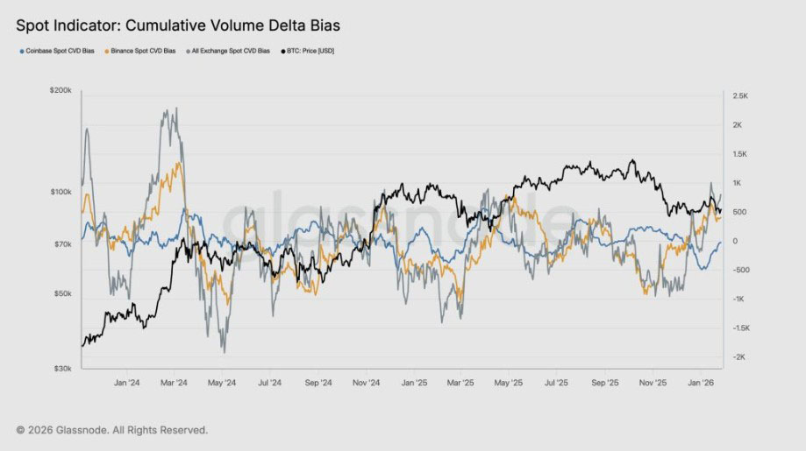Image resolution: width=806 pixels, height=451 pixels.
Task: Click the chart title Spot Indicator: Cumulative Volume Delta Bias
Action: [178, 26]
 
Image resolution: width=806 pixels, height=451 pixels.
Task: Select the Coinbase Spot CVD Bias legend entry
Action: [59, 52]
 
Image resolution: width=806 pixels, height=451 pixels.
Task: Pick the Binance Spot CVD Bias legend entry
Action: [143, 52]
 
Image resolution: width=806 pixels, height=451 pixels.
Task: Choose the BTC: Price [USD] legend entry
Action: [308, 52]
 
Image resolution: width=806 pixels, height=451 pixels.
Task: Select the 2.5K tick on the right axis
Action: [740, 95]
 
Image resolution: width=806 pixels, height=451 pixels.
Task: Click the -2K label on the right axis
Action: [739, 357]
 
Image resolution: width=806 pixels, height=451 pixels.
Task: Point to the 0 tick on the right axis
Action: [735, 241]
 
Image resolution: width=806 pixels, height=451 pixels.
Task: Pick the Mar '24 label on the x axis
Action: [175, 383]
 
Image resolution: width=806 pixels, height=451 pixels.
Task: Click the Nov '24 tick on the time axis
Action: [366, 383]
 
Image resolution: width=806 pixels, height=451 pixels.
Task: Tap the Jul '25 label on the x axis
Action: [557, 383]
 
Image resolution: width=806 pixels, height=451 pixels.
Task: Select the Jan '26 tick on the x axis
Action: [699, 383]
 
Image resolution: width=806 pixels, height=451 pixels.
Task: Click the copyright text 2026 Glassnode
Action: [112, 430]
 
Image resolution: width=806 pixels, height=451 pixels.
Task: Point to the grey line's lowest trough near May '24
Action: [224, 352]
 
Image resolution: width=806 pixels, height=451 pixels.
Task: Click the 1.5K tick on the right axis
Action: [740, 154]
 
